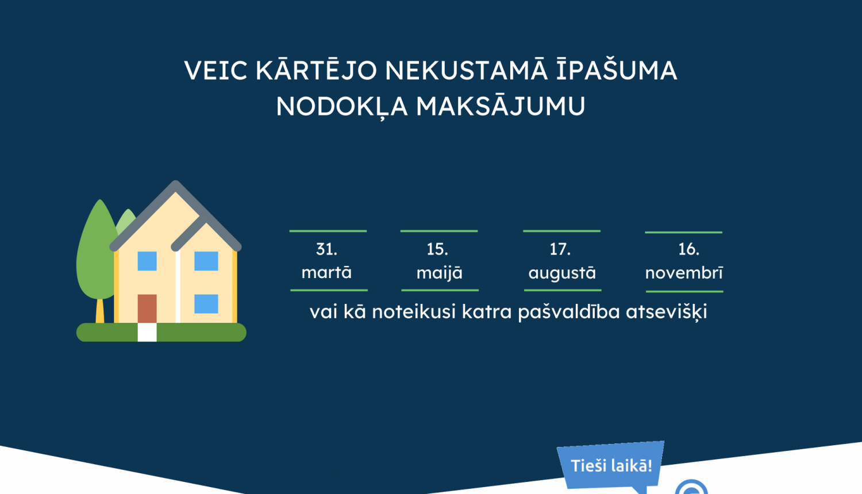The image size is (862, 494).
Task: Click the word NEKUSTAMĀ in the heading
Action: [x=466, y=71]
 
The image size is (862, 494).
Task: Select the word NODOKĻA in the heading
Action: [x=343, y=106]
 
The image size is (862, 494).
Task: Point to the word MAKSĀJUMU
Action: [x=500, y=106]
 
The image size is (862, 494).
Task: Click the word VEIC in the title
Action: [x=215, y=71]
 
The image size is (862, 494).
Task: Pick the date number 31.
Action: [x=326, y=249]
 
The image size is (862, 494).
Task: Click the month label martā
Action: [x=326, y=272]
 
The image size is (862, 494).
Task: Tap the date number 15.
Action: [x=437, y=249]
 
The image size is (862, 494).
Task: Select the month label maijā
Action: [x=439, y=273]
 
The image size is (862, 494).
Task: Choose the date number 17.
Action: [x=560, y=249]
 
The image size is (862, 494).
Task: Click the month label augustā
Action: [x=562, y=273]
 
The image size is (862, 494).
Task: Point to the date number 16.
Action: [x=688, y=249]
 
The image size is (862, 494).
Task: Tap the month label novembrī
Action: [x=684, y=273]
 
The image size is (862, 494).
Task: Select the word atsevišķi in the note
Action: [x=667, y=312]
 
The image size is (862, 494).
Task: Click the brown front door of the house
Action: [x=147, y=308]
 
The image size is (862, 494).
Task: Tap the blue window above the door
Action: [x=147, y=261]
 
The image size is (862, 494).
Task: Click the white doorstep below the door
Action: [x=147, y=332]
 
